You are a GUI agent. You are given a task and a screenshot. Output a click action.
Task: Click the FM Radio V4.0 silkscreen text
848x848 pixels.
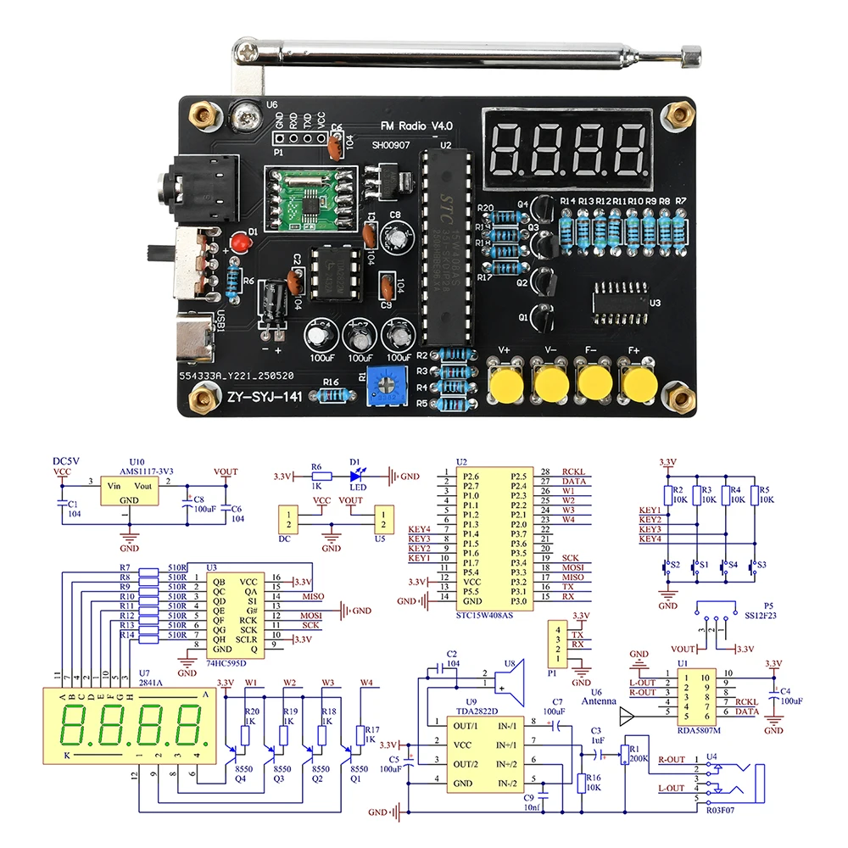(x=416, y=126)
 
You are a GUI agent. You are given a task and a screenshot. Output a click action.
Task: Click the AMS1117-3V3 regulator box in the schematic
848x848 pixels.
(x=128, y=491)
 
